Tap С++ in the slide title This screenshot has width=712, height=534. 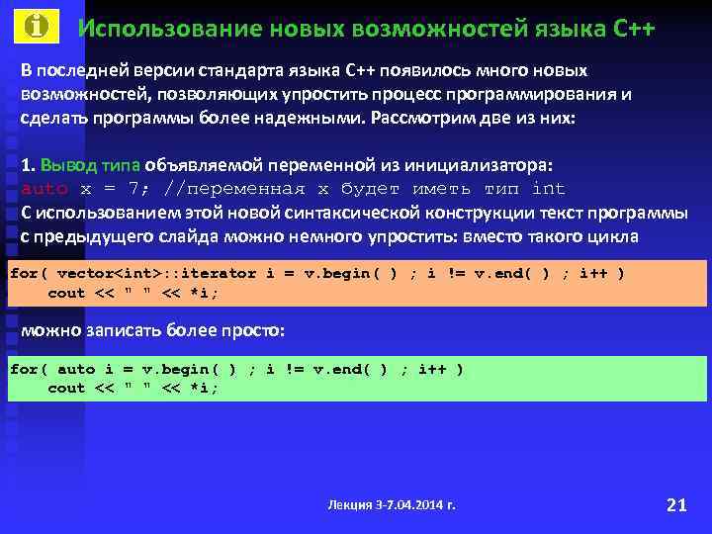(633, 28)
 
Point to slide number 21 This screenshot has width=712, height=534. (676, 505)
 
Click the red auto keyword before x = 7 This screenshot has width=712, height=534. (44, 188)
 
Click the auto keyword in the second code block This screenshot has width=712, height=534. (76, 369)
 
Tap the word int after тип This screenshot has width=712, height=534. (548, 188)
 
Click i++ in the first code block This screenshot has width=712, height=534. (593, 273)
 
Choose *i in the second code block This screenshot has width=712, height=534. (204, 389)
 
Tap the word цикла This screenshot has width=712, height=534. (614, 236)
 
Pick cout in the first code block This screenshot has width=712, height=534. (66, 293)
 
